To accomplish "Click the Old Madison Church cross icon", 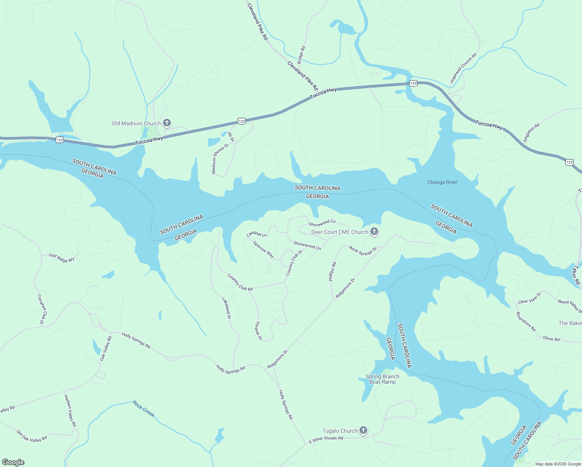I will [167, 123].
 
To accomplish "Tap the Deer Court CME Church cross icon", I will [374, 232].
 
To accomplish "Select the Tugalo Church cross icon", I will [363, 430].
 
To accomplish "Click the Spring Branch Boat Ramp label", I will [382, 379].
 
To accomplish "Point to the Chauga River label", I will [442, 182].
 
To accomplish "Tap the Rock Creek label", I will [144, 409].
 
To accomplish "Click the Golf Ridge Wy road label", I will [61, 258].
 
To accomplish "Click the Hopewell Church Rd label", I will [463, 68].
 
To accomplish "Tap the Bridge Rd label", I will [302, 55].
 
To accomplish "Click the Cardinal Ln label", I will [257, 234].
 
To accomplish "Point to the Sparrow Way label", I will [263, 249].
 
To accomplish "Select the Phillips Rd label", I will [332, 272].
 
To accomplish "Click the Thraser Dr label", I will [258, 330].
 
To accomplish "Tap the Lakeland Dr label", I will [226, 308].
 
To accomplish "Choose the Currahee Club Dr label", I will [42, 309].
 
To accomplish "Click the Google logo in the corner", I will [13, 462].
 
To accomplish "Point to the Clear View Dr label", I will [529, 298].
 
